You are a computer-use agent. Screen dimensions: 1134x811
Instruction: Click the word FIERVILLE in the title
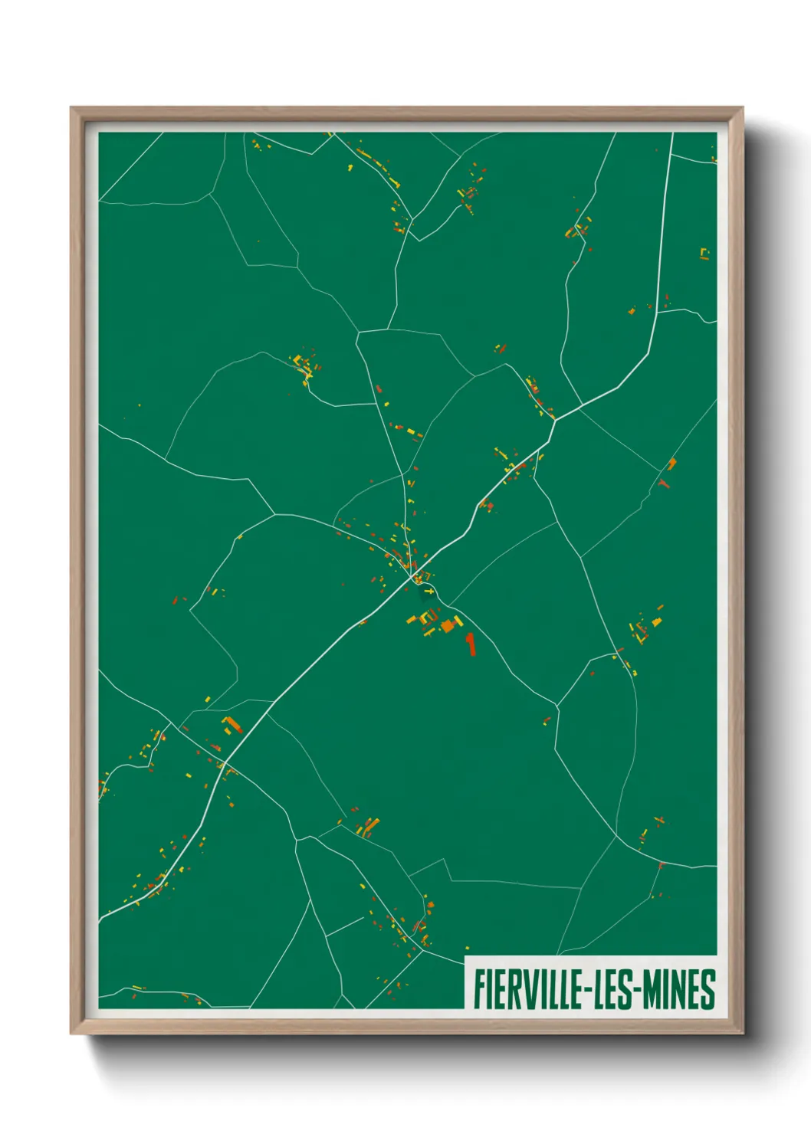[527, 989]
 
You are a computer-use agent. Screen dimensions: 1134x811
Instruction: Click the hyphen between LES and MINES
[635, 991]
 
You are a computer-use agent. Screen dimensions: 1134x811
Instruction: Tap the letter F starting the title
[479, 989]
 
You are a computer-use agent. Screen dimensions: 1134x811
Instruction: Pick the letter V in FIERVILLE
[523, 989]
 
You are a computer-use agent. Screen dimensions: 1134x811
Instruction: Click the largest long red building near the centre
[471, 643]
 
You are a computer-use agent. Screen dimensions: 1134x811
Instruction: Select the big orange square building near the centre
[447, 627]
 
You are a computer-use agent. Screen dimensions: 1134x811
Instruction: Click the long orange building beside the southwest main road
[231, 724]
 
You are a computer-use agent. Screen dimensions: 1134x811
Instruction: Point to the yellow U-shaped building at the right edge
[704, 254]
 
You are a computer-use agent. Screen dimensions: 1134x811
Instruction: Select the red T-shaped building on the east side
[663, 483]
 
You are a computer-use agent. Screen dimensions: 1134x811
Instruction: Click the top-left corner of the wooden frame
[71, 108]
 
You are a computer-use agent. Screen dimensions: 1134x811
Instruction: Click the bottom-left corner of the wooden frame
[71, 1034]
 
